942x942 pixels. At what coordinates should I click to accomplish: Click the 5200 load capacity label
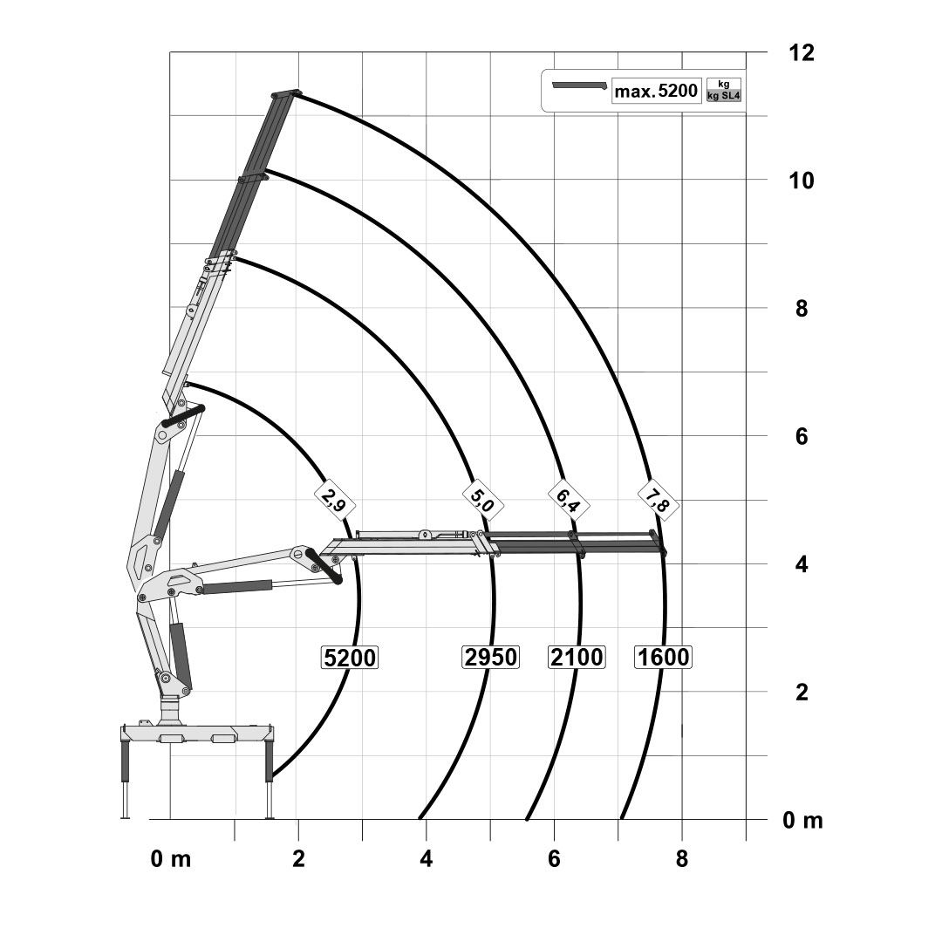tap(350, 658)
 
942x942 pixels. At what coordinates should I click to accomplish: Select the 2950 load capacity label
tap(491, 657)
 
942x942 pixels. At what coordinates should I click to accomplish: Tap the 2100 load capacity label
tap(577, 657)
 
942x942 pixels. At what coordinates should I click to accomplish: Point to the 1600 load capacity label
tap(663, 657)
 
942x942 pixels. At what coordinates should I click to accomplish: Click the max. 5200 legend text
tap(656, 91)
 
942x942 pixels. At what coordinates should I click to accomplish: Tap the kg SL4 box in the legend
tap(724, 96)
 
